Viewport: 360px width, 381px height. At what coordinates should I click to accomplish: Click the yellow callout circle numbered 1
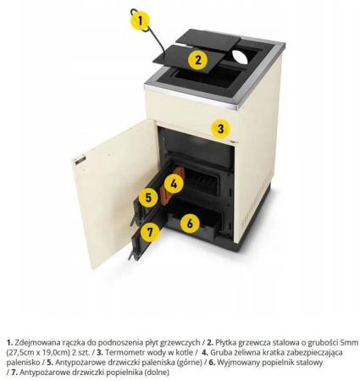pos(140,20)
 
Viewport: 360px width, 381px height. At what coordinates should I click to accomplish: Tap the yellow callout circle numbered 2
pos(198,60)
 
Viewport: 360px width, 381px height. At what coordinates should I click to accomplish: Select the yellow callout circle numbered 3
pos(220,129)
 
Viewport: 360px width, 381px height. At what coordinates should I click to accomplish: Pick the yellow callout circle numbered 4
pos(174,184)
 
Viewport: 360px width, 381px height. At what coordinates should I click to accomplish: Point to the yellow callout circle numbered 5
pos(148,197)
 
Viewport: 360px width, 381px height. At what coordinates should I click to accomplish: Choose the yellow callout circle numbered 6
pos(190,224)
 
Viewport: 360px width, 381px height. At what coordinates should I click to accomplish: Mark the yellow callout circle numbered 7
pos(150,232)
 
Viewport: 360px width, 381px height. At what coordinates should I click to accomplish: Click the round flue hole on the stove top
pos(240,56)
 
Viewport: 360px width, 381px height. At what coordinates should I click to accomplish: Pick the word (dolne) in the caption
pos(157,373)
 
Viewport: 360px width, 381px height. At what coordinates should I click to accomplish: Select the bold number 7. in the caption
pos(14,373)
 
